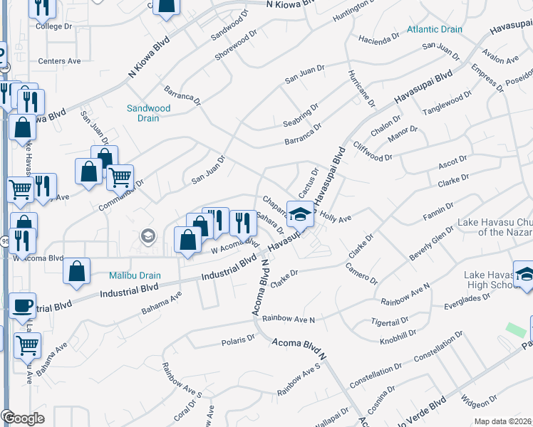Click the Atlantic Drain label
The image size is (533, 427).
coord(435,29)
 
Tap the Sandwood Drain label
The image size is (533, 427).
coord(148,113)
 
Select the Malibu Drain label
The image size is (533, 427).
coord(135,275)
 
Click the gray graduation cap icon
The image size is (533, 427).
coord(148,236)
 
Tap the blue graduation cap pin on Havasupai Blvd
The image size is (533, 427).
coord(300,213)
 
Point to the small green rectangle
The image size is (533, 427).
coord(513,330)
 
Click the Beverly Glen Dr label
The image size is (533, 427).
coord(433,243)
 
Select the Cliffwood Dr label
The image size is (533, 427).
coord(372,152)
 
